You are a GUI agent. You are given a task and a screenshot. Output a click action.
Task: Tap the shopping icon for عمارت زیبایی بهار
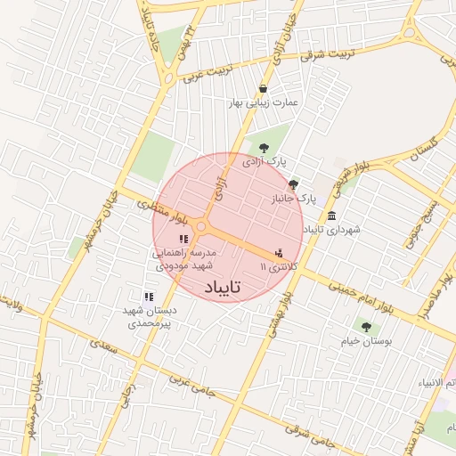[264, 87]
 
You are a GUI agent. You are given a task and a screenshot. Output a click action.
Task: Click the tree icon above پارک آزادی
[263, 147]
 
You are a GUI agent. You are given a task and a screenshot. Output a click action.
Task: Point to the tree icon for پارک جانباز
[294, 183]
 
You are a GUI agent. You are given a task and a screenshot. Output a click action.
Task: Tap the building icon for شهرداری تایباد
[331, 216]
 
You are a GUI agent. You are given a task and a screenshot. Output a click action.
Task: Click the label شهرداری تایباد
[331, 230]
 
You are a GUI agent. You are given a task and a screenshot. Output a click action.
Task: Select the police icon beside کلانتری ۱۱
[280, 252]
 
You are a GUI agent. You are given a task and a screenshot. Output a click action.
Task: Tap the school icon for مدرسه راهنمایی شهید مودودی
[183, 239]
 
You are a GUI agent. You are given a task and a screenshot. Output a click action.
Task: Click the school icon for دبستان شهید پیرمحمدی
[149, 297]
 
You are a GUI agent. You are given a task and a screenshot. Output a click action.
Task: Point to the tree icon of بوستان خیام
[366, 327]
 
